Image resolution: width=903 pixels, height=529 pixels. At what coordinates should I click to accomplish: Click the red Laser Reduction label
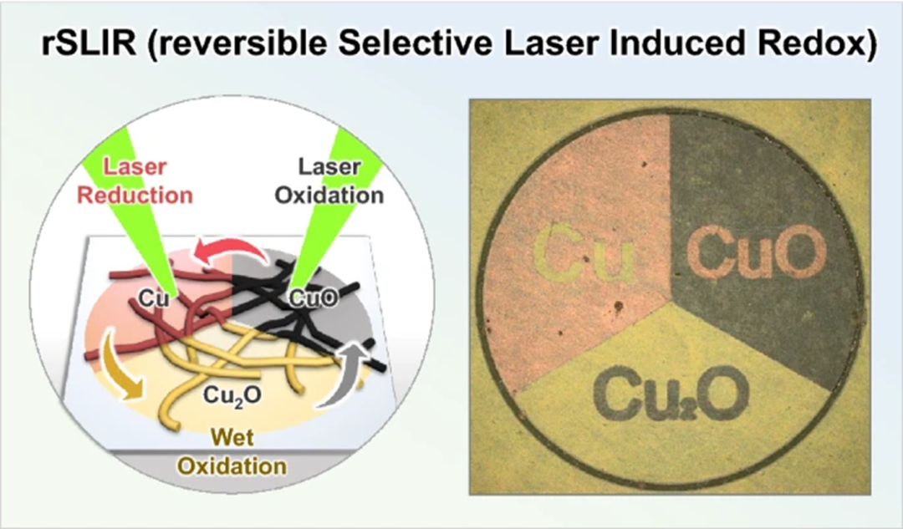(x=135, y=181)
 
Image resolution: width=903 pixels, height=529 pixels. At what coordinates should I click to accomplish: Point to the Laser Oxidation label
(x=329, y=181)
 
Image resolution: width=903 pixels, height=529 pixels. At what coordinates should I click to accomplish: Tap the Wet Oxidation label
(x=232, y=451)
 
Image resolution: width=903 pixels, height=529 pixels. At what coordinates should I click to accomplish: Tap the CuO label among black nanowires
(x=313, y=298)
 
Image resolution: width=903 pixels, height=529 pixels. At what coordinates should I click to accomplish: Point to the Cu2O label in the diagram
(x=232, y=395)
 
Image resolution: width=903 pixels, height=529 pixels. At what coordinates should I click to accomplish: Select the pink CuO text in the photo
(x=757, y=251)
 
